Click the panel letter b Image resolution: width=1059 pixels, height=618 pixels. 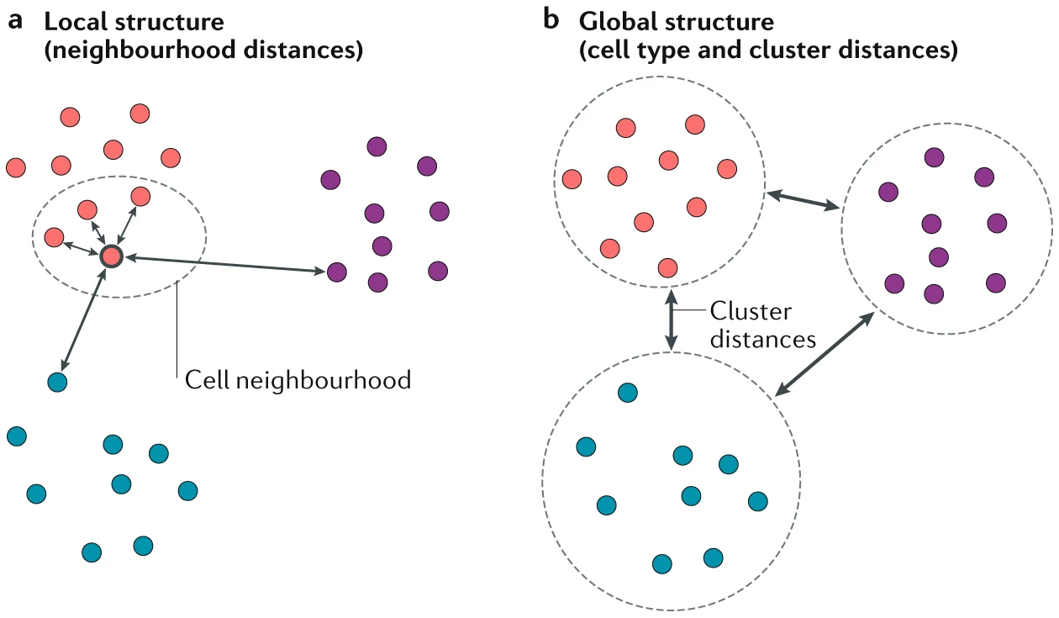tap(551, 20)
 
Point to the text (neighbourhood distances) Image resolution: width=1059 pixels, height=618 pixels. tap(202, 50)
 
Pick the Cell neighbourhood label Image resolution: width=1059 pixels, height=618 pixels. tap(298, 380)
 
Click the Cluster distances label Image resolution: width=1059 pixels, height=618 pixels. tap(762, 325)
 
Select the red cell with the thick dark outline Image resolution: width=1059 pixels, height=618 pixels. tap(111, 256)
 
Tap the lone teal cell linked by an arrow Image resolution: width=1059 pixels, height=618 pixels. tap(56, 381)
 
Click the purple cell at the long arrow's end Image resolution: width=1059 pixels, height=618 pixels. tap(337, 272)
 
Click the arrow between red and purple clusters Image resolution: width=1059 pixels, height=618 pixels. tap(804, 200)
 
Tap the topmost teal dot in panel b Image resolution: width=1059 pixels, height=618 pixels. tap(627, 393)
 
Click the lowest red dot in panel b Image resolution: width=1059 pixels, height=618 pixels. tap(667, 267)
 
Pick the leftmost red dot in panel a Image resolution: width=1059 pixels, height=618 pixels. tap(15, 167)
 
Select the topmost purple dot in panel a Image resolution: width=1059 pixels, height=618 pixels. tap(377, 146)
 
